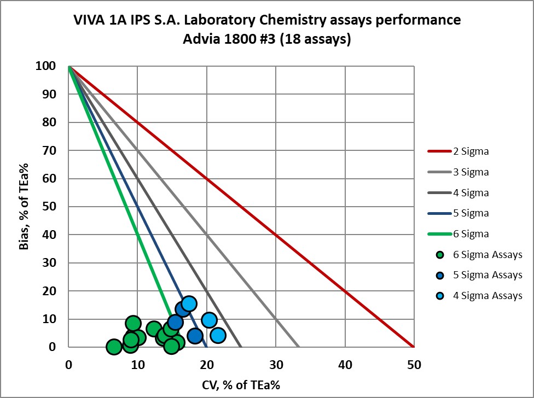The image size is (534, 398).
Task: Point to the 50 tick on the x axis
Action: click(x=414, y=362)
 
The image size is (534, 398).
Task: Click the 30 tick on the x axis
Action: click(x=275, y=362)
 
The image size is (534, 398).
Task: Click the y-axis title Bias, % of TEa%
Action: click(x=24, y=207)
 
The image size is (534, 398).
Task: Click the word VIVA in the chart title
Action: click(x=91, y=21)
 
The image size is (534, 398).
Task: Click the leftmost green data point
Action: click(x=113, y=347)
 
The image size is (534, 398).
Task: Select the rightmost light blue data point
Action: click(x=218, y=335)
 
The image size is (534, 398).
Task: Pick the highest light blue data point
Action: click(x=189, y=303)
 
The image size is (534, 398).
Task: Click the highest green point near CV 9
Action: click(x=133, y=323)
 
